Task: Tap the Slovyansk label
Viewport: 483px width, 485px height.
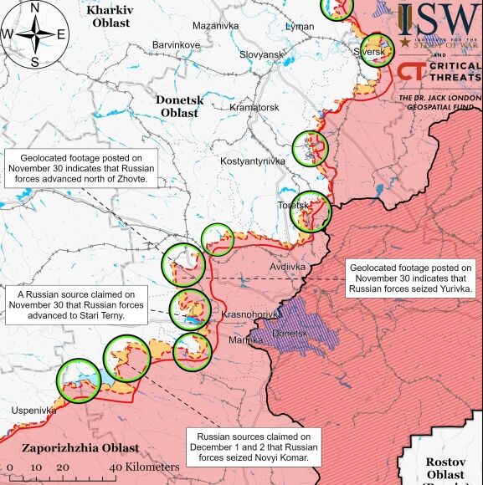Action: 262,54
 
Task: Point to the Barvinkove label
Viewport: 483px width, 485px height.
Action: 176,44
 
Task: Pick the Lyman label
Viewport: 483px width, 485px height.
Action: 300,28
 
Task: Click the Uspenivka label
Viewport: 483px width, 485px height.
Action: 33,411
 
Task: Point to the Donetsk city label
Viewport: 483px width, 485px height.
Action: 291,333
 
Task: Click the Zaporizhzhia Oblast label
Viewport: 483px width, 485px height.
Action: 69,447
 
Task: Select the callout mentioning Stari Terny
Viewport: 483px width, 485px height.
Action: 76,305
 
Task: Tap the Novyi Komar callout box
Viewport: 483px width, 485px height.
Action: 253,447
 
